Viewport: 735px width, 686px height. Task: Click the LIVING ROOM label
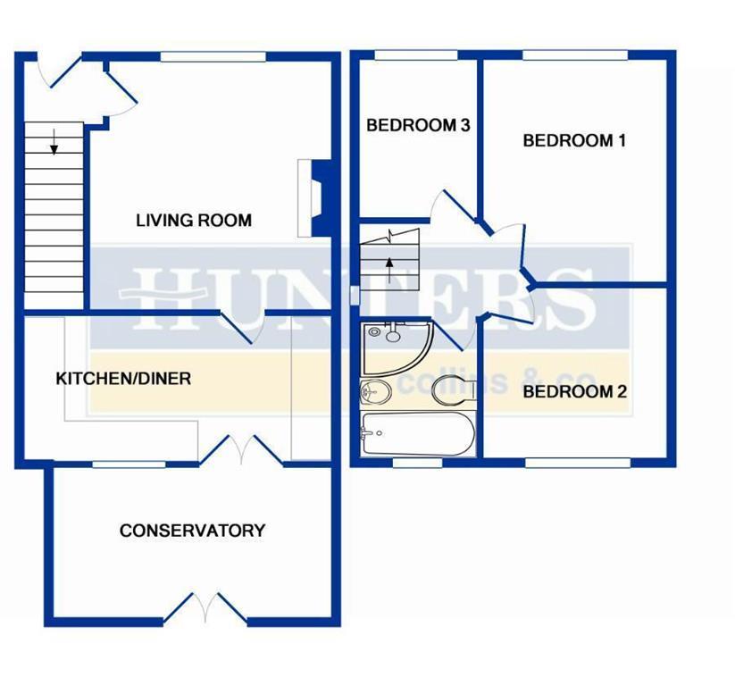(x=194, y=221)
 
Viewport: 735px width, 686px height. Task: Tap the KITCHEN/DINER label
(x=123, y=379)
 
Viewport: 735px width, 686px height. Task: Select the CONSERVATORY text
(x=192, y=531)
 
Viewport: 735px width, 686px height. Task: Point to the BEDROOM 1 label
(x=574, y=140)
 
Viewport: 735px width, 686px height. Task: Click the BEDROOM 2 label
(x=574, y=391)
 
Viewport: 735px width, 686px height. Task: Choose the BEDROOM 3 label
(x=418, y=125)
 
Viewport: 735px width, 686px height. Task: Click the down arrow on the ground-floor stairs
(x=54, y=142)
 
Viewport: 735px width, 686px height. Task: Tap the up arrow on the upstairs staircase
(x=389, y=270)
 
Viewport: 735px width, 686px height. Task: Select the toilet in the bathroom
(x=454, y=390)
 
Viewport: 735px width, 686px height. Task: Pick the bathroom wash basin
(x=375, y=391)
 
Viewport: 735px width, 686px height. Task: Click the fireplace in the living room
(x=315, y=198)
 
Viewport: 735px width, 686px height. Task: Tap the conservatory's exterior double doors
(x=205, y=607)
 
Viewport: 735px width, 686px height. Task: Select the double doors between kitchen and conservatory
(x=242, y=450)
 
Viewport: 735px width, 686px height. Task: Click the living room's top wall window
(x=213, y=57)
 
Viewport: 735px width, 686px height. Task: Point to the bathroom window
(x=417, y=463)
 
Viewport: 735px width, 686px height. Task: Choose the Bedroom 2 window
(x=578, y=463)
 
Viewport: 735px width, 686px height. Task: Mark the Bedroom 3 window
(x=416, y=55)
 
